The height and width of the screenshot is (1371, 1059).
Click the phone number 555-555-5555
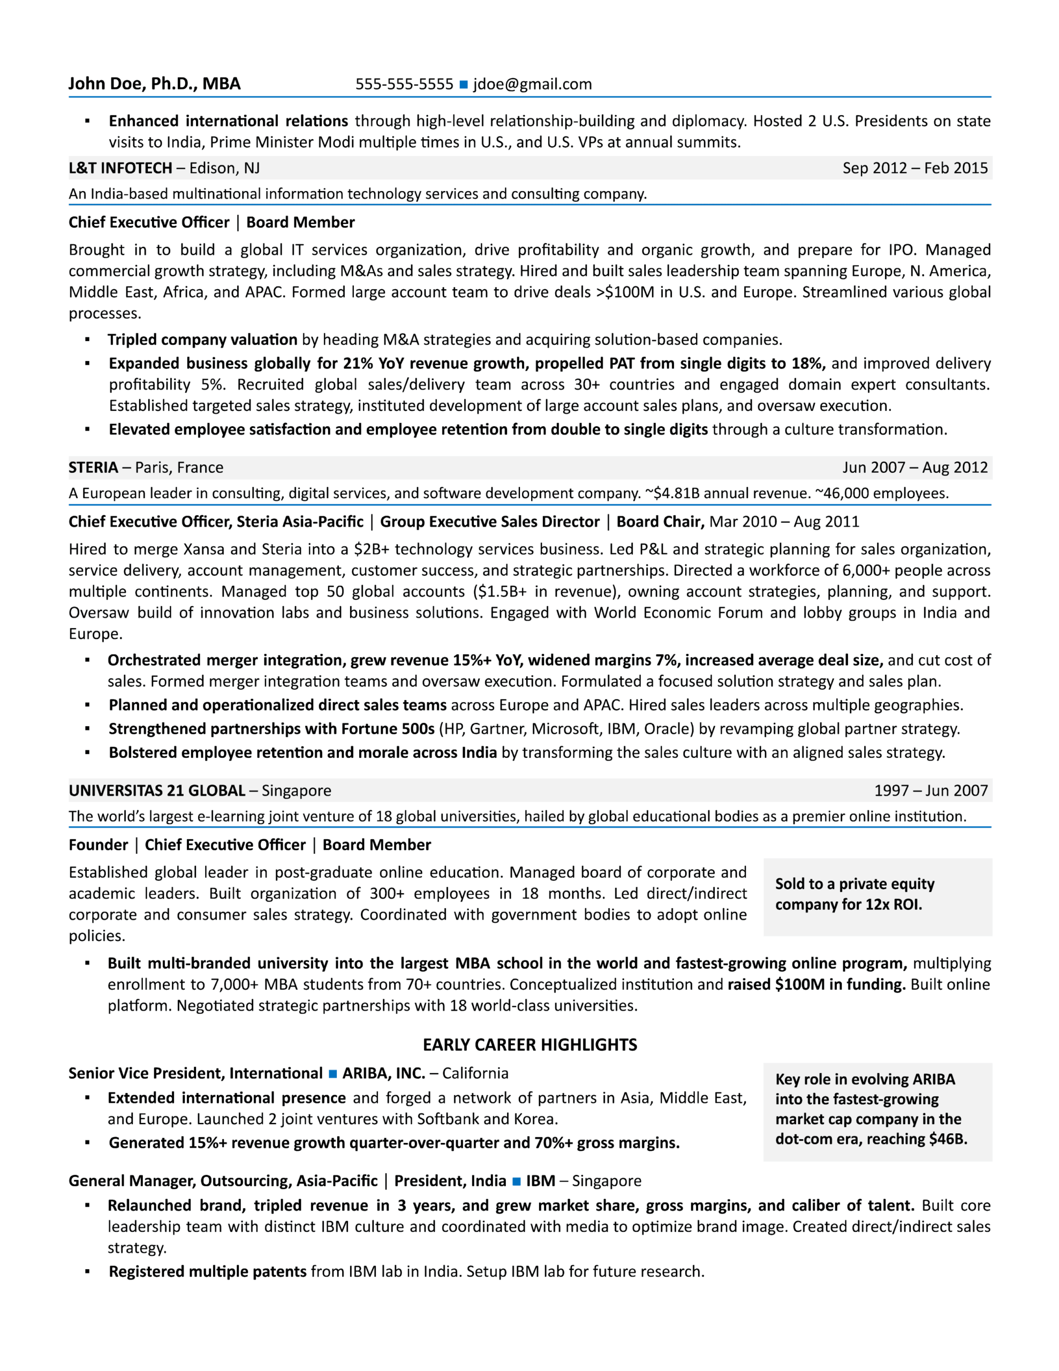coord(404,84)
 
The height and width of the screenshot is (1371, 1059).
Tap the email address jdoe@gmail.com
coord(532,84)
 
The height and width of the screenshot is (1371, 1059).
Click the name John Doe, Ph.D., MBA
coord(154,84)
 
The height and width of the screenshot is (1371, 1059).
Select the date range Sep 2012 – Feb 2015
coord(914,168)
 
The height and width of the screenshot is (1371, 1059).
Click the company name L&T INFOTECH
coord(120,168)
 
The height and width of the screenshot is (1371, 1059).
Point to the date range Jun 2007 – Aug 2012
coord(914,467)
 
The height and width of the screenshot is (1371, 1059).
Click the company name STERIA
coord(93,467)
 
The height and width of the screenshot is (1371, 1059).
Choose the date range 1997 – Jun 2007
coord(931,790)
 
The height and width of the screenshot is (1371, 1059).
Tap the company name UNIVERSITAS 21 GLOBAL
coord(157,790)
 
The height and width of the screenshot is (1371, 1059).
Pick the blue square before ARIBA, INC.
coord(332,1074)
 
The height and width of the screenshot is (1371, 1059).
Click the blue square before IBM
coord(516,1181)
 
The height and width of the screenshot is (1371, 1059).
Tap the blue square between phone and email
coord(463,85)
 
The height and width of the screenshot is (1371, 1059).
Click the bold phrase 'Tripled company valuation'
coord(202,340)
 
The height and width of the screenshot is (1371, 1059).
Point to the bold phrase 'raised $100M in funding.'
coord(816,984)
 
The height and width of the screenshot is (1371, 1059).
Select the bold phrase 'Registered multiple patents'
coord(208,1271)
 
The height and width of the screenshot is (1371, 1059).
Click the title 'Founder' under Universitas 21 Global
coord(98,845)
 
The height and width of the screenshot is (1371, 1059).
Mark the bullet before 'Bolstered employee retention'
coord(87,752)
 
